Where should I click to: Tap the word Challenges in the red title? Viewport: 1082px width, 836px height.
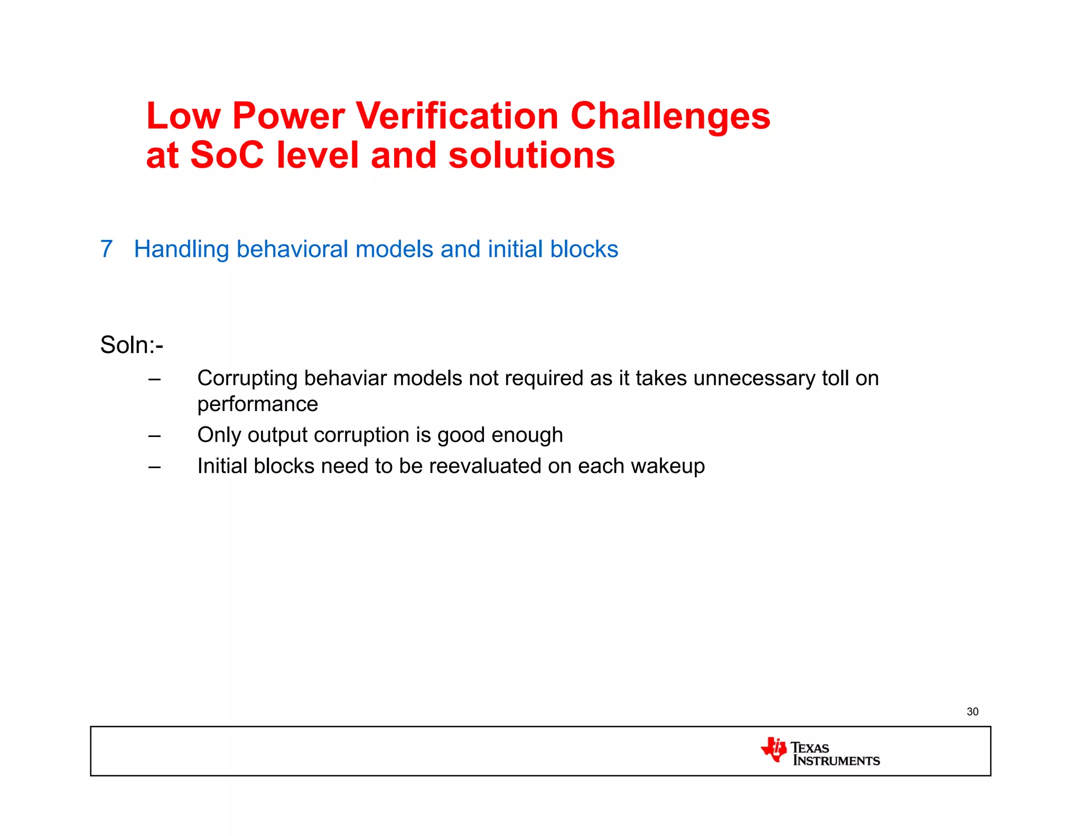pos(670,117)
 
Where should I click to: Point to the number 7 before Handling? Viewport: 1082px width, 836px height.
pos(106,249)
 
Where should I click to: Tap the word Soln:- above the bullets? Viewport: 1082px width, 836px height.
pos(132,345)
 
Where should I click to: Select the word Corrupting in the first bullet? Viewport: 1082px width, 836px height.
pos(248,379)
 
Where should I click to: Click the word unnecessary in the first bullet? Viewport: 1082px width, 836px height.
pos(754,378)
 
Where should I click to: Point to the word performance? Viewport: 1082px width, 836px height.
pos(258,404)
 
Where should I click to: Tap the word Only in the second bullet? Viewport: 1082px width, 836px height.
pos(219,435)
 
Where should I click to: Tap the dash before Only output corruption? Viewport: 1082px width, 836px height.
pos(154,436)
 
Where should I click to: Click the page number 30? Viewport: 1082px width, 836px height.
pos(972,712)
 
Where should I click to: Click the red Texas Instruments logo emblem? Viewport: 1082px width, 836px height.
pos(774,749)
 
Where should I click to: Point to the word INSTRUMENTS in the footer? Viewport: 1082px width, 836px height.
pos(837,761)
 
